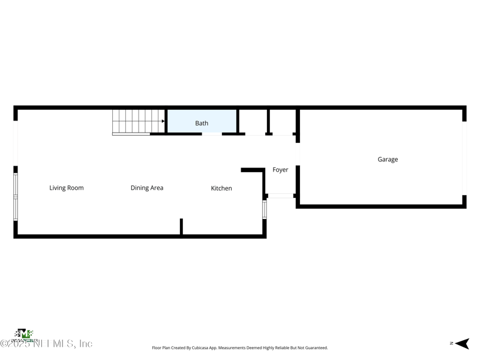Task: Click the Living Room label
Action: [x=66, y=188]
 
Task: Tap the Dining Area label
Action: [x=147, y=188]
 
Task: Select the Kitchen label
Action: [x=221, y=188]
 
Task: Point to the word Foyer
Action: [x=280, y=170]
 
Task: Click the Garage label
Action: [x=388, y=160]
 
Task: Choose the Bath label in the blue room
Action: [x=202, y=124]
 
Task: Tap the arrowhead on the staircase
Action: [x=163, y=122]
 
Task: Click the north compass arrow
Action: [x=461, y=344]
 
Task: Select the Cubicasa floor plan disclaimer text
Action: [x=240, y=348]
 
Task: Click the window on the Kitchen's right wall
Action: [x=265, y=209]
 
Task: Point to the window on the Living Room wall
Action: [x=16, y=196]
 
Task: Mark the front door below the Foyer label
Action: [x=280, y=196]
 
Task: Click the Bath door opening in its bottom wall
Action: [x=212, y=134]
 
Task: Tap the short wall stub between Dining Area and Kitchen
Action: [x=181, y=227]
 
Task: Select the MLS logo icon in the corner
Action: [x=23, y=334]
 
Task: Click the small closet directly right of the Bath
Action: [x=253, y=122]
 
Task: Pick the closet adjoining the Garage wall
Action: [x=282, y=122]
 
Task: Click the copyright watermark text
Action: [x=47, y=344]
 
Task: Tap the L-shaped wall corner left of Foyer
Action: [x=262, y=171]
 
